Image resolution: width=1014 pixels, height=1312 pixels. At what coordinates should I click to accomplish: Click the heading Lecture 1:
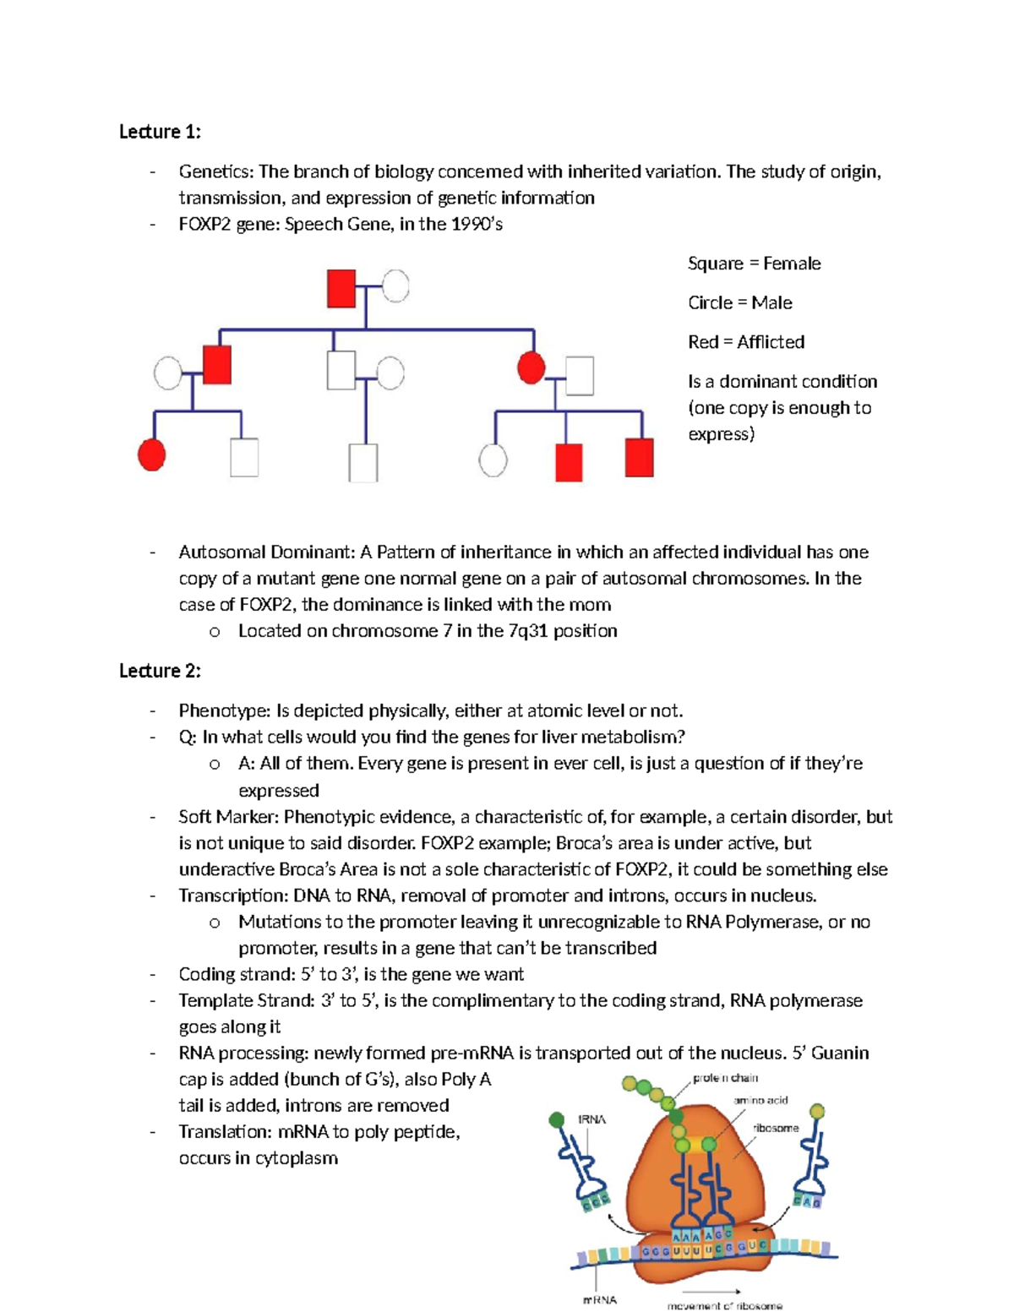(x=160, y=132)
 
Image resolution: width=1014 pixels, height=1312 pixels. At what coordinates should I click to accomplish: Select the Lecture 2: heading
(x=160, y=671)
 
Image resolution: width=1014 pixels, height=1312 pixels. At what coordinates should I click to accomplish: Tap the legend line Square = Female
(x=755, y=264)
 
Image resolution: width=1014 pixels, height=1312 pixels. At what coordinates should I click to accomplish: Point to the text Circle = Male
(x=740, y=303)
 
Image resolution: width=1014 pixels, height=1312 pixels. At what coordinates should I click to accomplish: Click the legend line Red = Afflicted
(x=746, y=342)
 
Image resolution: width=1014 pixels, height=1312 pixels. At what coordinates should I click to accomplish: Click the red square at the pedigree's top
(x=341, y=289)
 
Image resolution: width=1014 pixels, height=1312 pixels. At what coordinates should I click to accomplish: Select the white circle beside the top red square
(x=395, y=286)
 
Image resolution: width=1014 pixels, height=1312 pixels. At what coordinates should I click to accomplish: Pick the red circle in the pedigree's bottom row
(x=151, y=455)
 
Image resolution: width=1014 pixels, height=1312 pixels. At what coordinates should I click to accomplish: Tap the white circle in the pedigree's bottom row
(x=493, y=460)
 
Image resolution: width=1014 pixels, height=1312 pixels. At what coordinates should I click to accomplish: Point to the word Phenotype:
(x=225, y=712)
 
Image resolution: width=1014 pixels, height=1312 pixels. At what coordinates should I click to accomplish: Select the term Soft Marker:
(x=229, y=818)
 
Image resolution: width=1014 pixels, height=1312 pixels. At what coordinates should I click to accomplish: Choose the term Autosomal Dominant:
(x=267, y=553)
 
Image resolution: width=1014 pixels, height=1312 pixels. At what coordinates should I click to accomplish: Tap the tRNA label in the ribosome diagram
(x=591, y=1120)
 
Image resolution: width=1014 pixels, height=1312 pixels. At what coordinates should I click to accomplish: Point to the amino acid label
(x=760, y=1101)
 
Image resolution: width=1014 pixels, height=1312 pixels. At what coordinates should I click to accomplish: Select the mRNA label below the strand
(x=600, y=1300)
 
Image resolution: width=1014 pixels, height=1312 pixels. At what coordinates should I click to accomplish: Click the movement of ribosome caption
(x=725, y=1306)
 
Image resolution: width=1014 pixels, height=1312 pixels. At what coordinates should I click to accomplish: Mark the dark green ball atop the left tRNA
(x=556, y=1120)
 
